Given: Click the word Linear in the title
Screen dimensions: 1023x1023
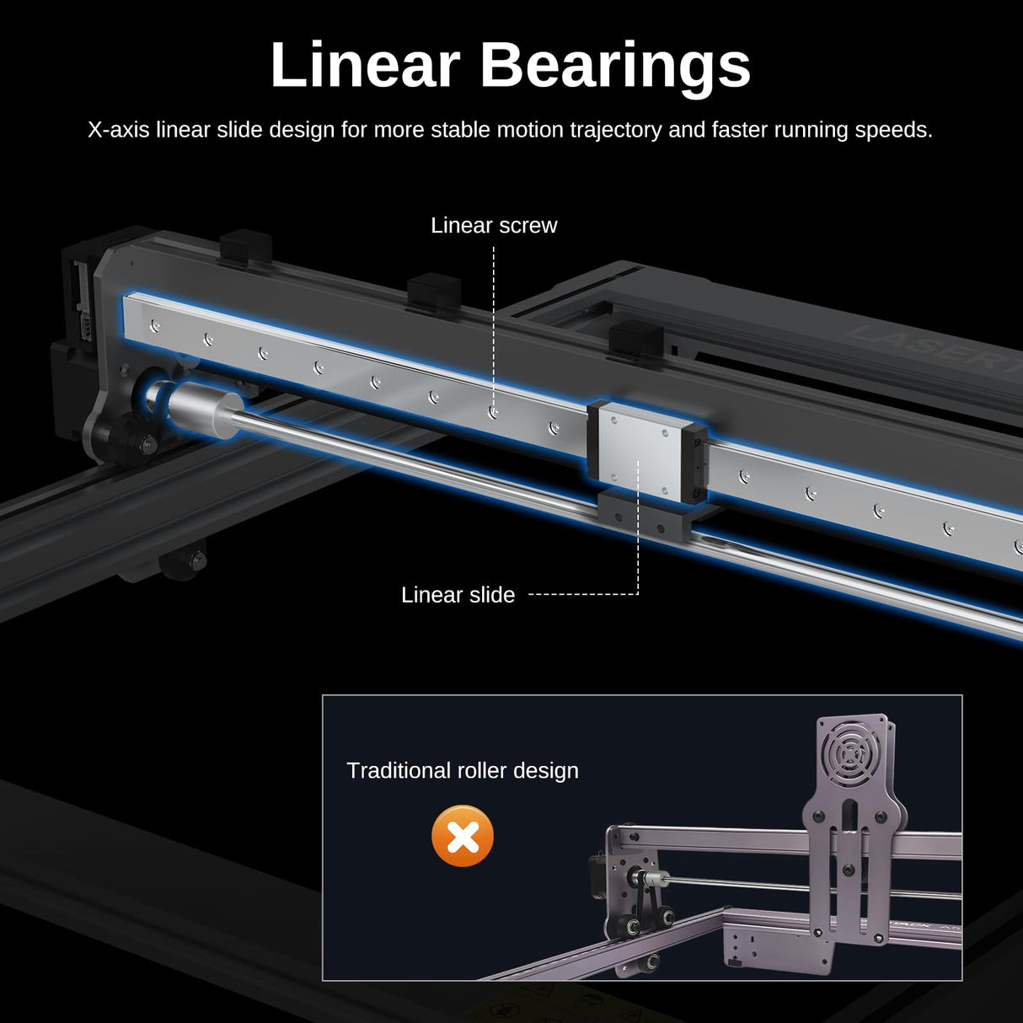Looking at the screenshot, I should [x=365, y=66].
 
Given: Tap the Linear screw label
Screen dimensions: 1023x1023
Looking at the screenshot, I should [x=494, y=226].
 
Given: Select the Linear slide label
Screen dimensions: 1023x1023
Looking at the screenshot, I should [x=458, y=595].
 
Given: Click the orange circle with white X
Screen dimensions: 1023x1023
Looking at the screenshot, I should [x=463, y=836].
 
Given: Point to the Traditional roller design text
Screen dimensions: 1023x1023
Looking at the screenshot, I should [x=463, y=770].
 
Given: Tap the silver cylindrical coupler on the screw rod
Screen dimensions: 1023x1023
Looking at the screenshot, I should [x=202, y=409].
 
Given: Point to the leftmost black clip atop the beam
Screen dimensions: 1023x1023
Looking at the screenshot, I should [x=245, y=248].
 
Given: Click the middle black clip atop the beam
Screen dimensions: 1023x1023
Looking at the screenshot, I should [x=433, y=292].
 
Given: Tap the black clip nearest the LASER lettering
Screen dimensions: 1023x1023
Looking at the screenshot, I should [x=635, y=339].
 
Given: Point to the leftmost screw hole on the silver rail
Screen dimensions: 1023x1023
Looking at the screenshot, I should [x=153, y=324].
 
